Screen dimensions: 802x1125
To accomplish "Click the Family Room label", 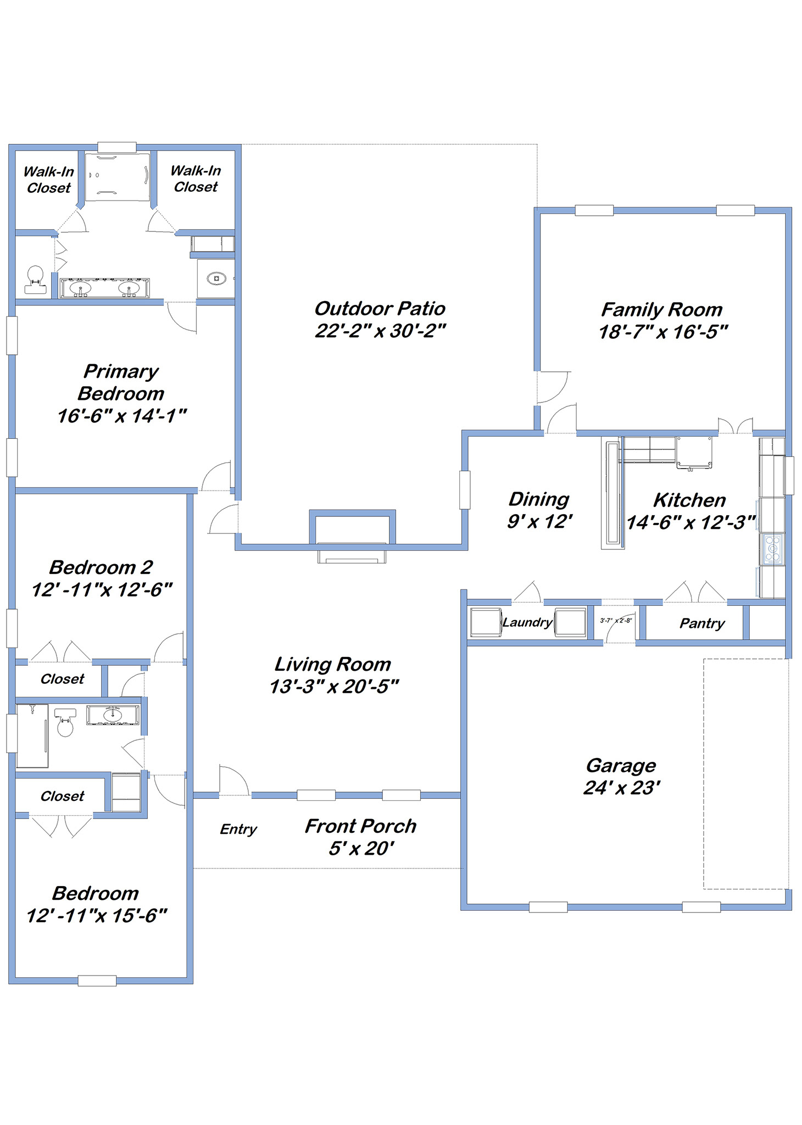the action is (x=662, y=310).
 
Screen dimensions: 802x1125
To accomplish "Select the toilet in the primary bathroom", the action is (x=35, y=280).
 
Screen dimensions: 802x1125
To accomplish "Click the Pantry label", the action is (x=702, y=623).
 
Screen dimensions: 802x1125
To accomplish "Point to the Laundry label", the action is (x=527, y=622).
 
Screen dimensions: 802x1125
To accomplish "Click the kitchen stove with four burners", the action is (x=772, y=549).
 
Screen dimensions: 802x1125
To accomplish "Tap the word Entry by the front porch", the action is (x=238, y=829).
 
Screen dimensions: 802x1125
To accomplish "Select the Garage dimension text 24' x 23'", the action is (x=621, y=788).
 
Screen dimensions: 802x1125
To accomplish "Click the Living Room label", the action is (x=333, y=664).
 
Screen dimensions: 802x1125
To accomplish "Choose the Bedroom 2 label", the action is (x=101, y=567).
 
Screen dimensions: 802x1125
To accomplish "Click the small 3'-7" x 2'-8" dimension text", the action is (x=616, y=621).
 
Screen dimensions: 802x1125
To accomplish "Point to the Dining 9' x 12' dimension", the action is (x=539, y=521).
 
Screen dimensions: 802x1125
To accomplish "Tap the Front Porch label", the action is (x=360, y=826).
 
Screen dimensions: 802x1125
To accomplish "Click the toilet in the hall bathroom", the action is (x=65, y=722).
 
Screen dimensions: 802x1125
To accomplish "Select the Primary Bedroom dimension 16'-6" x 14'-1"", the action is (x=122, y=416).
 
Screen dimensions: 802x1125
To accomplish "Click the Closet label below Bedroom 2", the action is (x=62, y=679).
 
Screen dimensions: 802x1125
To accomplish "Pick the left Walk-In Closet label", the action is (x=48, y=180).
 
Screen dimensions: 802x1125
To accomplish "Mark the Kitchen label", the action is (x=689, y=500).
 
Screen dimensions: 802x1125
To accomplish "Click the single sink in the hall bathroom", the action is (x=113, y=715).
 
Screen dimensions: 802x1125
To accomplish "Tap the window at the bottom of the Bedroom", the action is (x=97, y=981).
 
